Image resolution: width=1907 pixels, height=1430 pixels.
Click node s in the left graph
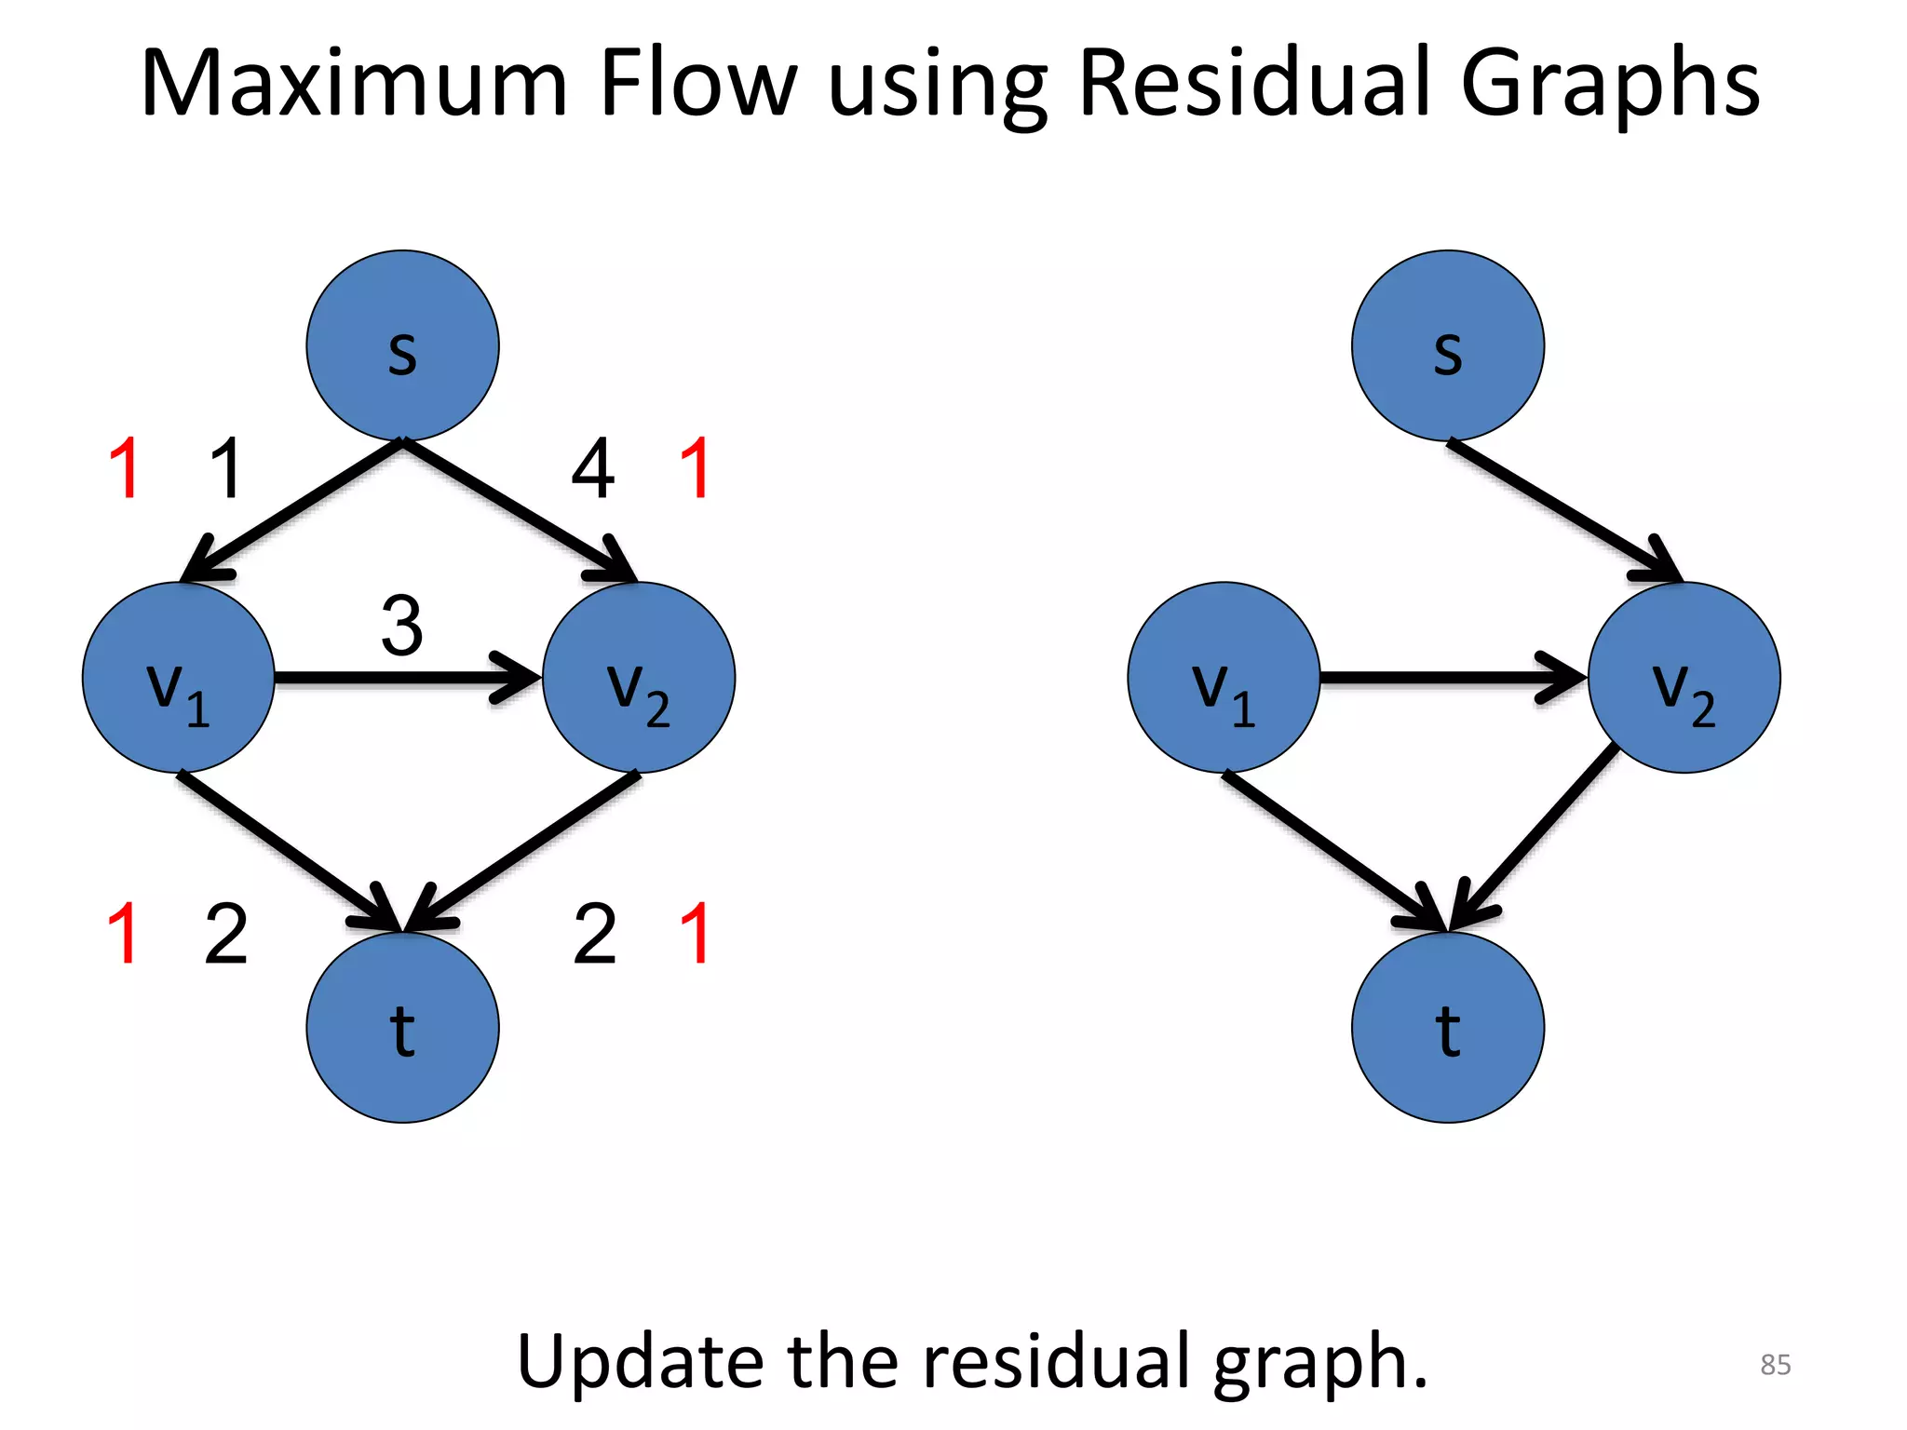click(402, 345)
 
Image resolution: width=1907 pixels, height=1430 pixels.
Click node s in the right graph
click(1447, 345)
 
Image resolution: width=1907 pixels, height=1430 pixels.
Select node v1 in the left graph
click(178, 677)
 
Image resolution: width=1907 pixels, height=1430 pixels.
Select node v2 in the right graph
click(1684, 677)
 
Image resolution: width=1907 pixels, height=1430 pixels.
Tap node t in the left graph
click(402, 1027)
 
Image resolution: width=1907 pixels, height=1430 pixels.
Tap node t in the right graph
click(1447, 1027)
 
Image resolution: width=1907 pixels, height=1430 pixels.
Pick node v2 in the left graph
click(639, 677)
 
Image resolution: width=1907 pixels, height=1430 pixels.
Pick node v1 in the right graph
click(1224, 677)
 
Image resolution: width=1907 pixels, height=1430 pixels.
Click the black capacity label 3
click(402, 626)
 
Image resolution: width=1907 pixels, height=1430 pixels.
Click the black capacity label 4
click(593, 469)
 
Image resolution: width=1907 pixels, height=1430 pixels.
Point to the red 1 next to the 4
click(696, 469)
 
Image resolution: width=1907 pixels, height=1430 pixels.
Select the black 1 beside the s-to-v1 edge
click(226, 469)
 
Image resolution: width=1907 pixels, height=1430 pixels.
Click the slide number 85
click(1775, 1365)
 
